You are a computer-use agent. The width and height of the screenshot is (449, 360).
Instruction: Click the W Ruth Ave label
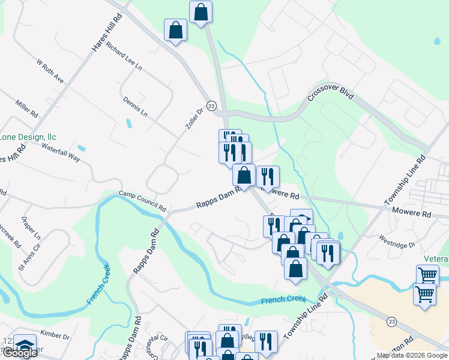pos(50,71)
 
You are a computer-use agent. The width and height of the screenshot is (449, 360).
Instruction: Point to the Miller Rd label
pos(28,109)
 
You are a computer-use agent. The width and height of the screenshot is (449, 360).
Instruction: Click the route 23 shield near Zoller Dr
pos(211,106)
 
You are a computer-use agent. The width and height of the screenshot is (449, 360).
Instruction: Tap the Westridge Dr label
pos(396,245)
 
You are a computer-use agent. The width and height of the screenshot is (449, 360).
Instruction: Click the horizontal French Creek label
pos(283,299)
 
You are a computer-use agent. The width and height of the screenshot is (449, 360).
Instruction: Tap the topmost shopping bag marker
pos(200,11)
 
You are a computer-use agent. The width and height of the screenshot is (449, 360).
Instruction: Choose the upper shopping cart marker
pos(427,275)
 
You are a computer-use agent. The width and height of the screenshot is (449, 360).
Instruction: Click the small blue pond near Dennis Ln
pos(129,124)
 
